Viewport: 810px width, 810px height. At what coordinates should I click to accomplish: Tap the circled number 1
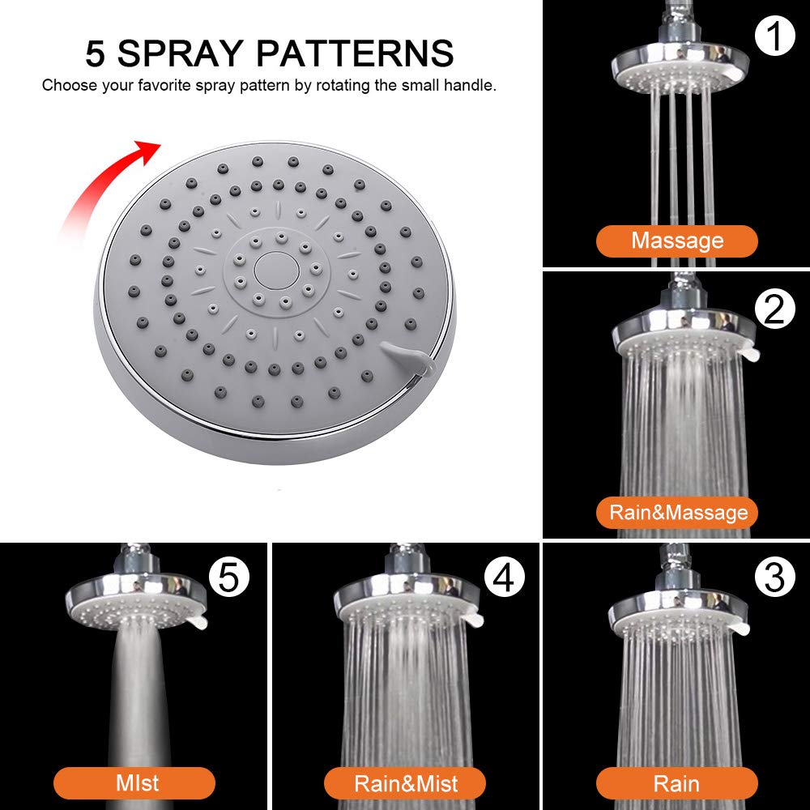(775, 36)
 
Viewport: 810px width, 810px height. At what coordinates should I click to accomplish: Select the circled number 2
(775, 308)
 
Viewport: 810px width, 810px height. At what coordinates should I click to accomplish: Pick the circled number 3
(775, 578)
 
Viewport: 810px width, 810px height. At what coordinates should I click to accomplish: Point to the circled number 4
(505, 578)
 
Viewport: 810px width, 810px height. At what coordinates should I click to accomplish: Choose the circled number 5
(229, 578)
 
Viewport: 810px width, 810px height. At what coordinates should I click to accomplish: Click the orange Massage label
(677, 241)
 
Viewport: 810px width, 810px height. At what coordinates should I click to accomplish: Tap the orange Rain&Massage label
(677, 513)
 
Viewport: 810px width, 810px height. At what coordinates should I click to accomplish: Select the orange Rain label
(677, 783)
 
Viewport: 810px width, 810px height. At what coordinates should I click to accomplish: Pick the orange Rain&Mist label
(405, 783)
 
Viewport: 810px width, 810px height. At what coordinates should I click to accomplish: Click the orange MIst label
(134, 783)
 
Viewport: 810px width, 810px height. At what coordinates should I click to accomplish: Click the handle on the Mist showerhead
(197, 623)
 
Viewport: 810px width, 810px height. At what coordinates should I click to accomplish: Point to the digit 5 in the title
(96, 53)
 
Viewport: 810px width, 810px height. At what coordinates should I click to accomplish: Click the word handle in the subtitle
(470, 85)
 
